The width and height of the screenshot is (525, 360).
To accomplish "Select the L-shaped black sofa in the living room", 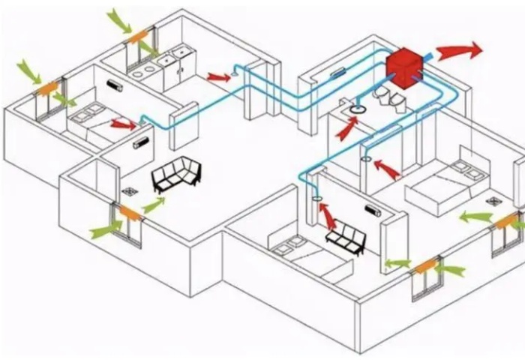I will (x=177, y=175).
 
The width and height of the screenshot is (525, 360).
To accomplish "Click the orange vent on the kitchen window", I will (x=137, y=35).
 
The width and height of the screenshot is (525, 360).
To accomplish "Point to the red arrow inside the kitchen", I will (x=218, y=76).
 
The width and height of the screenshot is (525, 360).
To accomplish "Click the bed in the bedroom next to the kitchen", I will (x=95, y=122).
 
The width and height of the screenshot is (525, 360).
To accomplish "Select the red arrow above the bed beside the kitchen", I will (x=122, y=123).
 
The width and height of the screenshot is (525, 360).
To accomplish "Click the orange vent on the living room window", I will (x=130, y=213).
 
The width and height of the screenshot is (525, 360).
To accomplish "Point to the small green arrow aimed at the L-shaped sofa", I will (x=153, y=204).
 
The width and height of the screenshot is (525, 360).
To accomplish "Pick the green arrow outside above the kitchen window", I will (x=118, y=19).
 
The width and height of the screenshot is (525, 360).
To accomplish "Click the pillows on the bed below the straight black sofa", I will (x=290, y=243).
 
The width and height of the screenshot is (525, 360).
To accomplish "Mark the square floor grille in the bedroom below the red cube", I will (x=493, y=201).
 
